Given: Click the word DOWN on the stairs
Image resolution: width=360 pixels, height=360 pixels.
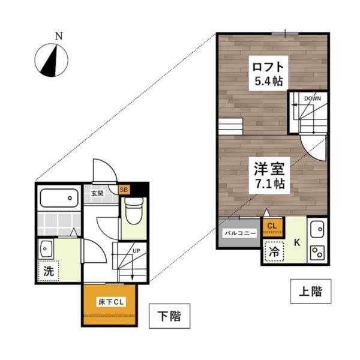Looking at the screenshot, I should coord(312,98).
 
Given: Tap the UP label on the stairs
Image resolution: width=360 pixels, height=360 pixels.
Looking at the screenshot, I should coord(136,250).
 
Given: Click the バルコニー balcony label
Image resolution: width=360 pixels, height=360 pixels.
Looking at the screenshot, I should coord(240,232).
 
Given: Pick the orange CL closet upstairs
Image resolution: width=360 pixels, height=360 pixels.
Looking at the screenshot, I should coord(271,226).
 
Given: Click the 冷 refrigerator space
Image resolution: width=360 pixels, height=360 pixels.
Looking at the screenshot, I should coord(273,253).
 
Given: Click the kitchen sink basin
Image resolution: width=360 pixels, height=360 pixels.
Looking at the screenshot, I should coord(317,229).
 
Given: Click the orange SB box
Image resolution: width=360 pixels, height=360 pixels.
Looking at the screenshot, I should coord(124,190).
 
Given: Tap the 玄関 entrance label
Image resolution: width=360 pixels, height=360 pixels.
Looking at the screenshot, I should coord(98,193).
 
